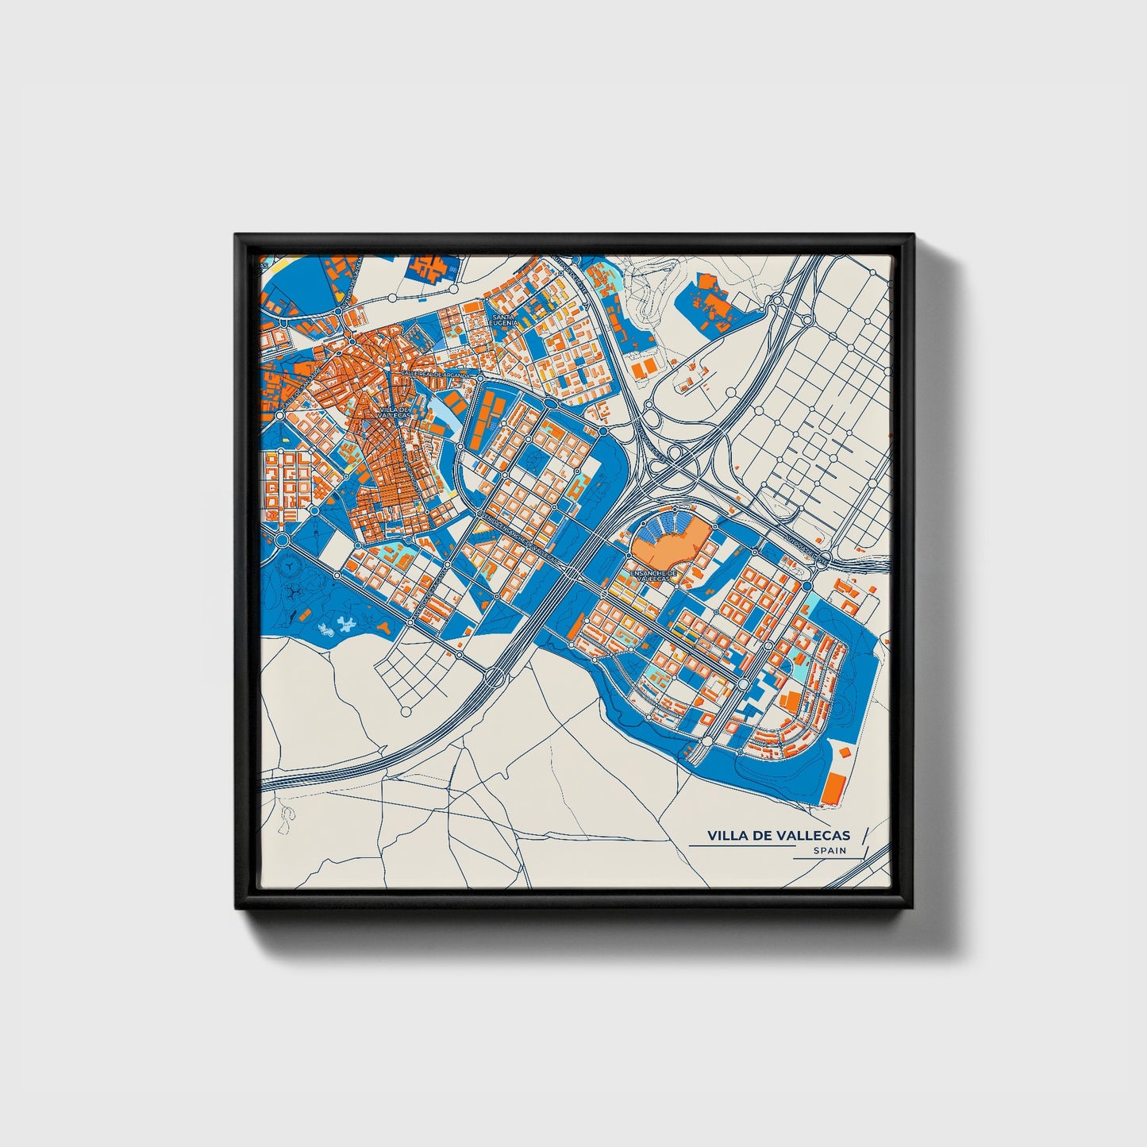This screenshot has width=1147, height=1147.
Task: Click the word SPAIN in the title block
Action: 829,850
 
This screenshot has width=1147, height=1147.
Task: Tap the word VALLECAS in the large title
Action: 813,835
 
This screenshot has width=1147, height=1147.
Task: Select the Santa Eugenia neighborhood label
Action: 504,319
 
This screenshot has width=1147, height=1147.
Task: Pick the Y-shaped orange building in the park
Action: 384,627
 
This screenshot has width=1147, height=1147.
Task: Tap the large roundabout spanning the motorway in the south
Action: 494,676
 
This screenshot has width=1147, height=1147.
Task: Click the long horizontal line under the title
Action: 741,846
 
